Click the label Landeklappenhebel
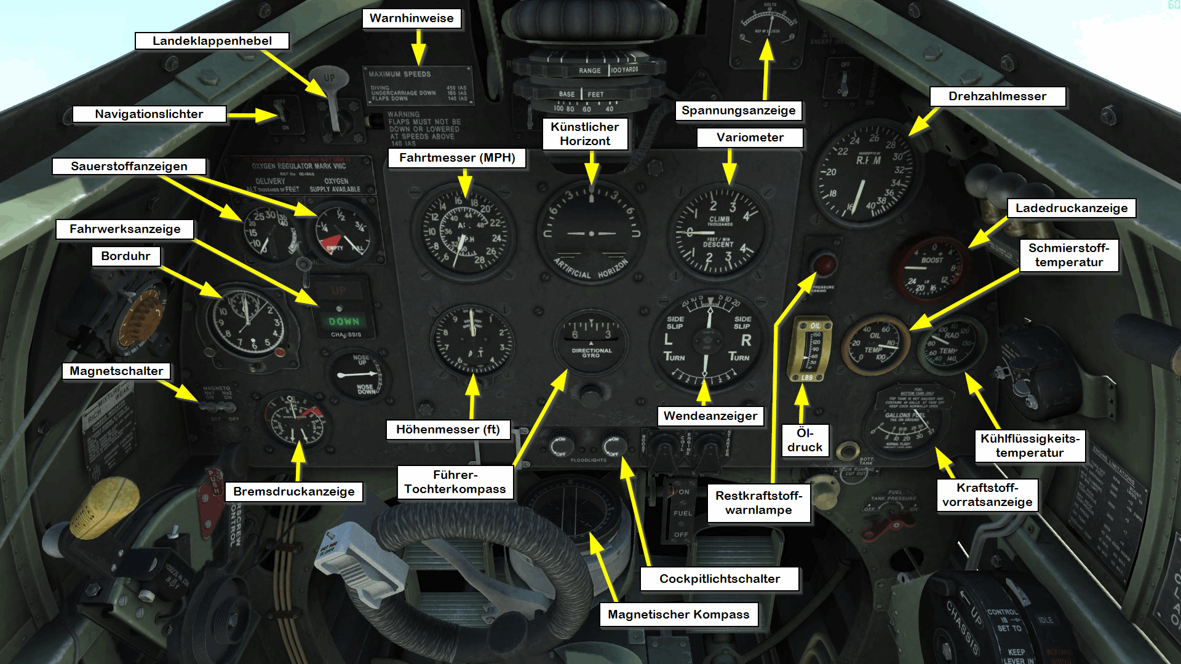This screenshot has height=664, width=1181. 212,41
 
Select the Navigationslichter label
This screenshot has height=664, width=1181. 149,114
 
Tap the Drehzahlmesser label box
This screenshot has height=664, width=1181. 997,97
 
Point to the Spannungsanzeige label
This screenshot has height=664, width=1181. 738,111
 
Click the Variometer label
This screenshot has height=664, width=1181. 750,138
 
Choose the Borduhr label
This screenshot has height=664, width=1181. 125,256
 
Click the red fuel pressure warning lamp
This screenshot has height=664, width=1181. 824,265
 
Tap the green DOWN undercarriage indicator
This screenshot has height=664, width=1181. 343,321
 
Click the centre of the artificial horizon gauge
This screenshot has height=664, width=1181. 591,234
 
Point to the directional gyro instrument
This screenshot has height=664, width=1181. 590,342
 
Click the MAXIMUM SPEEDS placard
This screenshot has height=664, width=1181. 418,85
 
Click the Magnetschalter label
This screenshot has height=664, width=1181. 116,371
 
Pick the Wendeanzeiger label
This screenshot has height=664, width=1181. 710,416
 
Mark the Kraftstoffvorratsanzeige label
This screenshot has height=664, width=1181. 987,495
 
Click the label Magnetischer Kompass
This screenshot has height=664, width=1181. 678,615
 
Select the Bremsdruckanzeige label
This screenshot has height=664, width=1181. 294,492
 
